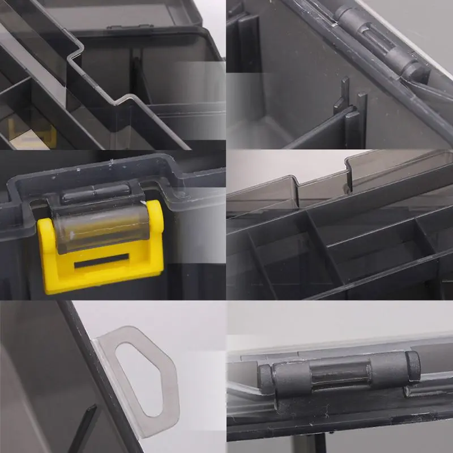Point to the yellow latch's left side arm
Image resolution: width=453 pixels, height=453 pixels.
pyautogui.click(x=48, y=249)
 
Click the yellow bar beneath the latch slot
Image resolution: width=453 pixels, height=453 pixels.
pyautogui.click(x=102, y=280)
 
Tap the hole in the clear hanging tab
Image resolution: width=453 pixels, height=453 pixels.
pyautogui.click(x=142, y=374)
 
